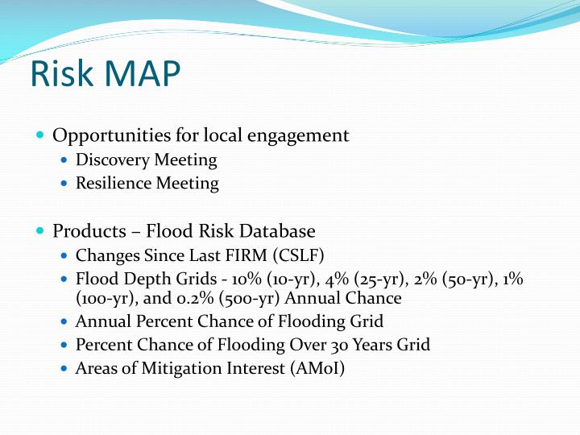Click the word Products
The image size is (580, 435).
(85, 231)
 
